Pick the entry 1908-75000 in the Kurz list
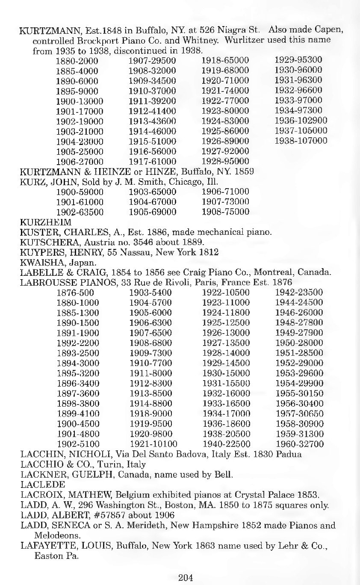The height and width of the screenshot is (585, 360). click(225, 212)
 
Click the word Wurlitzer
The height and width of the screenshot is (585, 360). click(236, 40)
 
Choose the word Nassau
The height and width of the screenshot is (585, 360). click(132, 252)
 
